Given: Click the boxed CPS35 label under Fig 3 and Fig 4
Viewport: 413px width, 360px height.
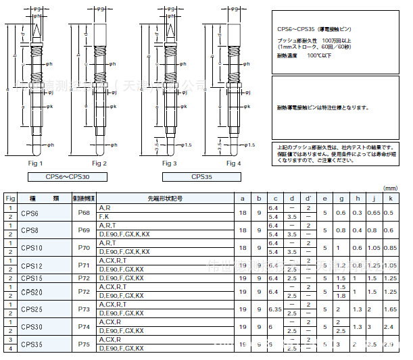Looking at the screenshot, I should point(201,177).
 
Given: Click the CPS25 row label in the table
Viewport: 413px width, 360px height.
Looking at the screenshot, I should point(31,309).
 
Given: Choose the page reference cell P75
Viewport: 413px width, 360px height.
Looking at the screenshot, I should point(84,344).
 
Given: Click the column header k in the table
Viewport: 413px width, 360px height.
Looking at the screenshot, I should point(390,199).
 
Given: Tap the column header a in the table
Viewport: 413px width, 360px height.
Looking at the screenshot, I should point(243,199).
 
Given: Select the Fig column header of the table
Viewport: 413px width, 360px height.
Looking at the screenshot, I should point(10,199).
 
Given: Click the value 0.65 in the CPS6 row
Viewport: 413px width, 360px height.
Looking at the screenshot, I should point(372,213).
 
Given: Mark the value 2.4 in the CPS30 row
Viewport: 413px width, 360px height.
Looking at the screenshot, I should point(389,326).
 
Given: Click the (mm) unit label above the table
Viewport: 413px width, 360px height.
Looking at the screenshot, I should point(391,188).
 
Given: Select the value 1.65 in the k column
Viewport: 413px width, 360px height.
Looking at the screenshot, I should point(390,309).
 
